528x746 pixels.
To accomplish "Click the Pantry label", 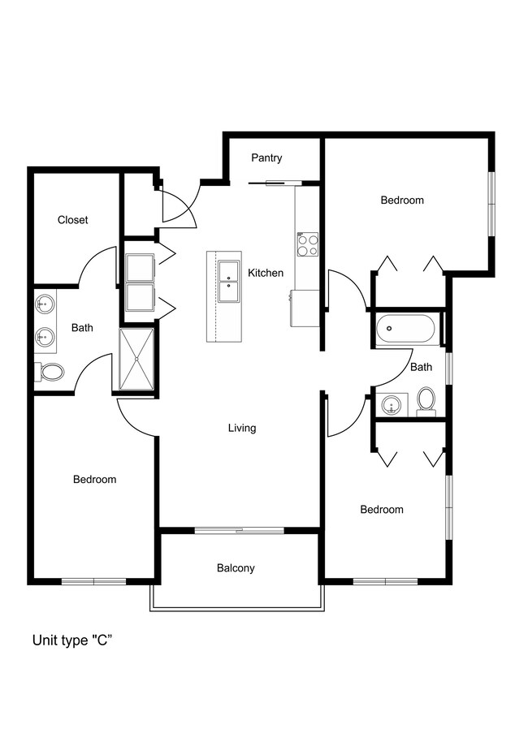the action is (266, 158).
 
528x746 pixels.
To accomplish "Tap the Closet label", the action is (73, 220).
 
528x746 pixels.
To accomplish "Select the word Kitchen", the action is (266, 273).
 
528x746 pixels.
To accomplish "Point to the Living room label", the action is (242, 428).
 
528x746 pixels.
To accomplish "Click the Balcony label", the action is (236, 568).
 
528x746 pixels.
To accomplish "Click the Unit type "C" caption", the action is (72, 640).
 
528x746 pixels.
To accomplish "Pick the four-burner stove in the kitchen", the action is (308, 244).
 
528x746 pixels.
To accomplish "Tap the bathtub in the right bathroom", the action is (405, 329).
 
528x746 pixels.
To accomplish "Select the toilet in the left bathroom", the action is (49, 373).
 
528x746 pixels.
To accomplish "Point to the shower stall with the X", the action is (136, 360).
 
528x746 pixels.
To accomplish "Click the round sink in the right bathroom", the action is (392, 406).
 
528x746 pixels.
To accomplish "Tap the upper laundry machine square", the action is (140, 269).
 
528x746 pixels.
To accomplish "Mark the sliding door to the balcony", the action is (240, 530).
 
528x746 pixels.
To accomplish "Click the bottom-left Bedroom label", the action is (95, 480).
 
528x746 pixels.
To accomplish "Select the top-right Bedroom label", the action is (402, 201).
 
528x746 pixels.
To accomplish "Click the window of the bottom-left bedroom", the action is (93, 581).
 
